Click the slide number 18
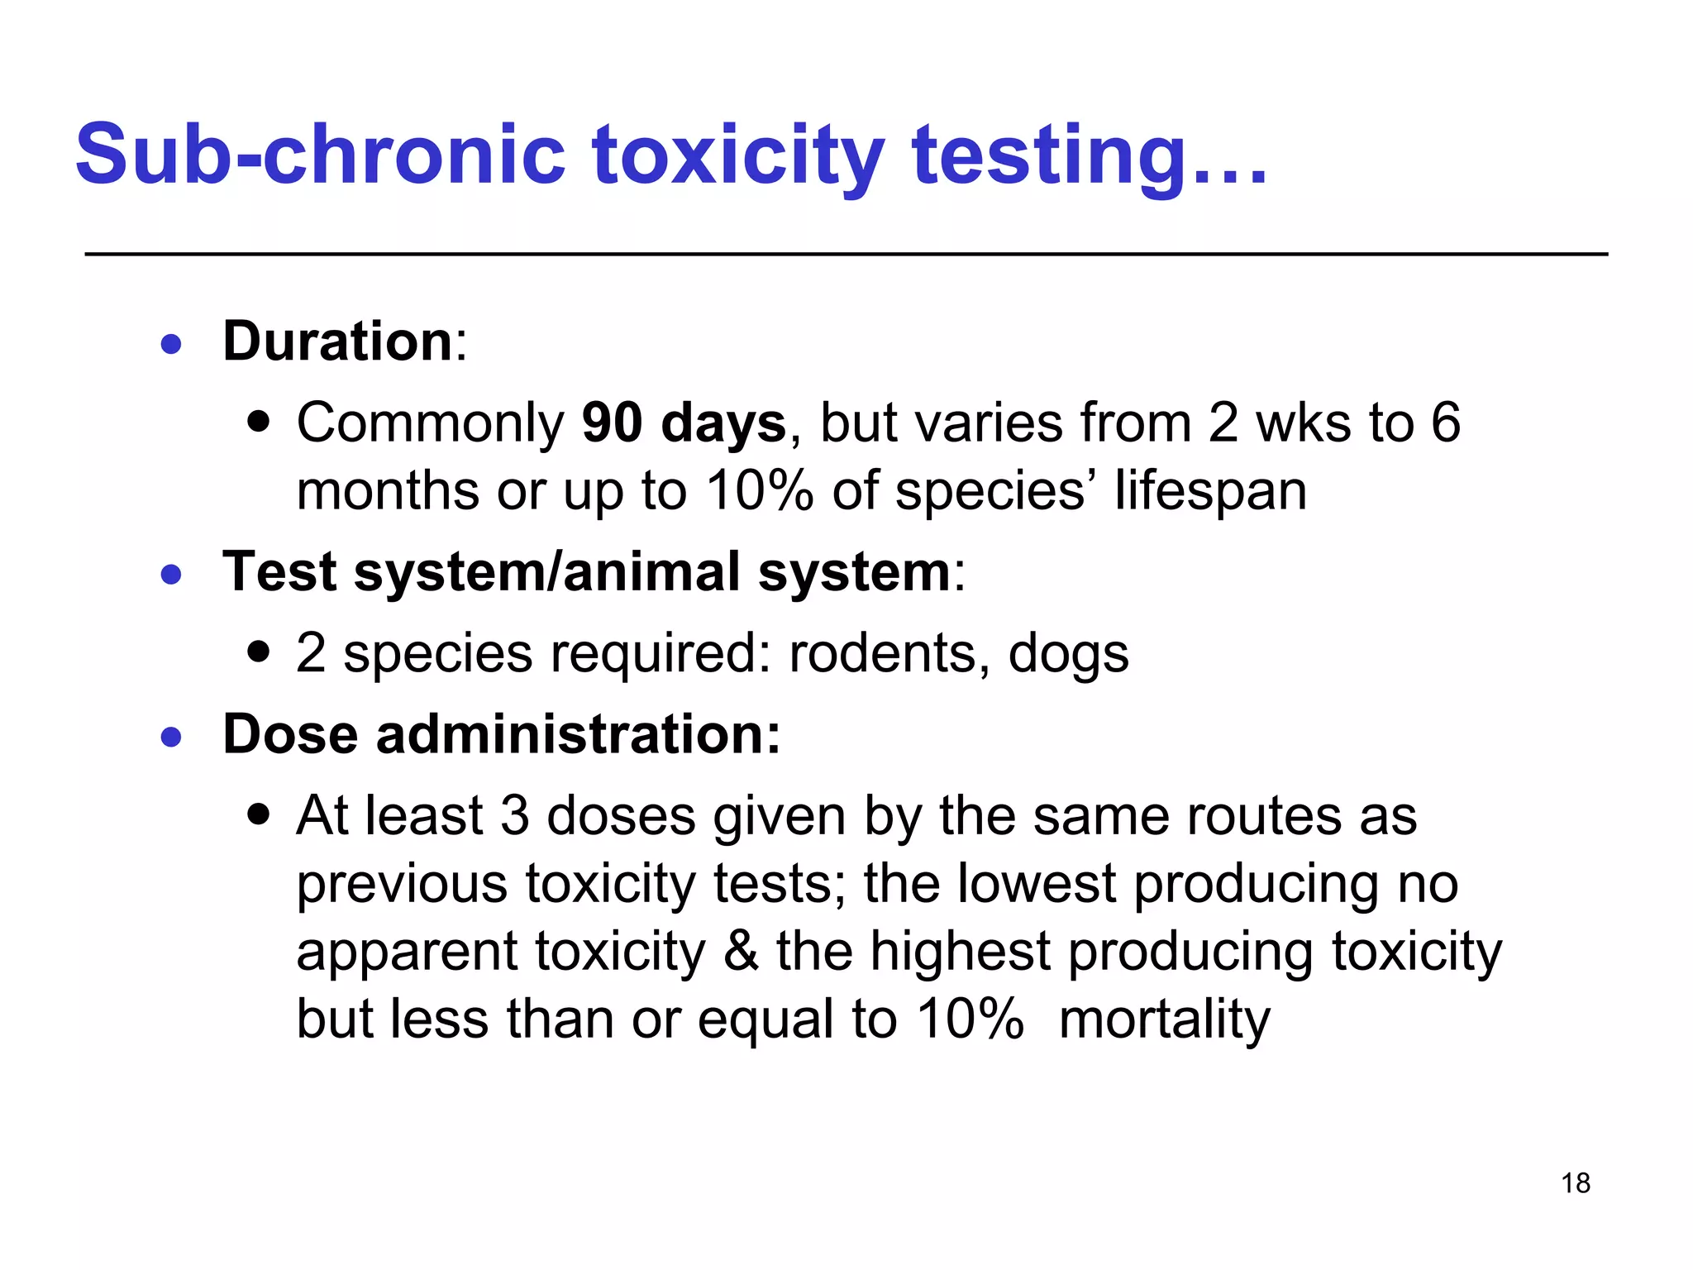pyautogui.click(x=1576, y=1183)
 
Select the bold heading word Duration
pyautogui.click(x=337, y=341)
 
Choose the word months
pyautogui.click(x=388, y=490)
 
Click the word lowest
pyautogui.click(x=1037, y=883)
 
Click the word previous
pyautogui.click(x=402, y=883)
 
